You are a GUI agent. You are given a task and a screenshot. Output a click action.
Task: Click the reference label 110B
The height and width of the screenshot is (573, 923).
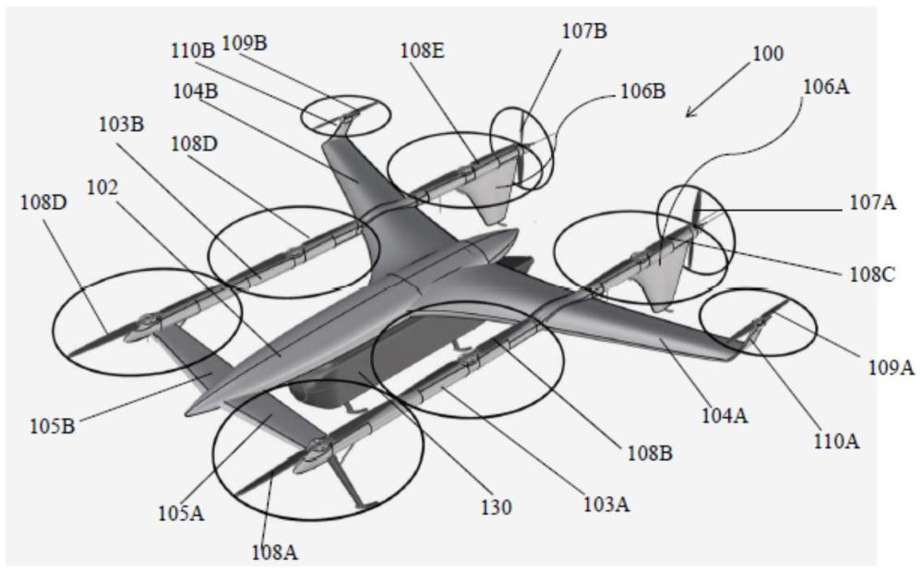[193, 51]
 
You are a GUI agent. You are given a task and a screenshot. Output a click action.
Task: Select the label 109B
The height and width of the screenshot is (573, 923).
[245, 43]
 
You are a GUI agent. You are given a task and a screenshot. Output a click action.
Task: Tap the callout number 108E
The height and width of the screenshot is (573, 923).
[423, 51]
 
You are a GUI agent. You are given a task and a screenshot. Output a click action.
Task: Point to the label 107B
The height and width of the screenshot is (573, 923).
[584, 30]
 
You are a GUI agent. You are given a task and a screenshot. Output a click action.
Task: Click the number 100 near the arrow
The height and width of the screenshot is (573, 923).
[768, 54]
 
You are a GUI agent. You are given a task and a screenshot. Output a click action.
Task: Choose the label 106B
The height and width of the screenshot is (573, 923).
[643, 91]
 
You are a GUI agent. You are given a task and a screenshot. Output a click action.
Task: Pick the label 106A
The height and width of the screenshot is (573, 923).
[827, 87]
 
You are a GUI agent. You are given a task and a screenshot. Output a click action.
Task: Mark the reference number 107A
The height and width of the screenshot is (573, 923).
[872, 202]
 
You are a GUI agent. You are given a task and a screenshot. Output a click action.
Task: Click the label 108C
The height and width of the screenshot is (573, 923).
[872, 274]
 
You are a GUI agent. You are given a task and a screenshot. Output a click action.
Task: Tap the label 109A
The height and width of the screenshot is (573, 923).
[892, 368]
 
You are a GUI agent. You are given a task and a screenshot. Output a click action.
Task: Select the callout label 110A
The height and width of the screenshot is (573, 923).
[836, 440]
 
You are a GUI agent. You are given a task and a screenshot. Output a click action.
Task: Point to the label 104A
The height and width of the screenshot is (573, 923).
[725, 416]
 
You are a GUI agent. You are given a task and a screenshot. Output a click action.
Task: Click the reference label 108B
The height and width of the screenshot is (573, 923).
[650, 453]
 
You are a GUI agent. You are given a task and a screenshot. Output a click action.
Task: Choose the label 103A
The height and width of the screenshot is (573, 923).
[607, 504]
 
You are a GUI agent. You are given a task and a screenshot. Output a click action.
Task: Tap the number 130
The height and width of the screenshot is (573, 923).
[497, 507]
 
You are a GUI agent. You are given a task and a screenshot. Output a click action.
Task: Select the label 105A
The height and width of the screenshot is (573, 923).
[181, 514]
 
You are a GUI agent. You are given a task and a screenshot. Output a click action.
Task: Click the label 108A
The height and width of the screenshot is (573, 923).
[275, 553]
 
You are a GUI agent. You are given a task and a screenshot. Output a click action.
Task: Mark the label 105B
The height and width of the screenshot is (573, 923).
[53, 426]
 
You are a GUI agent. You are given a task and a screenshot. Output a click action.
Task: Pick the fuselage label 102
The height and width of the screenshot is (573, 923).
[102, 188]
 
